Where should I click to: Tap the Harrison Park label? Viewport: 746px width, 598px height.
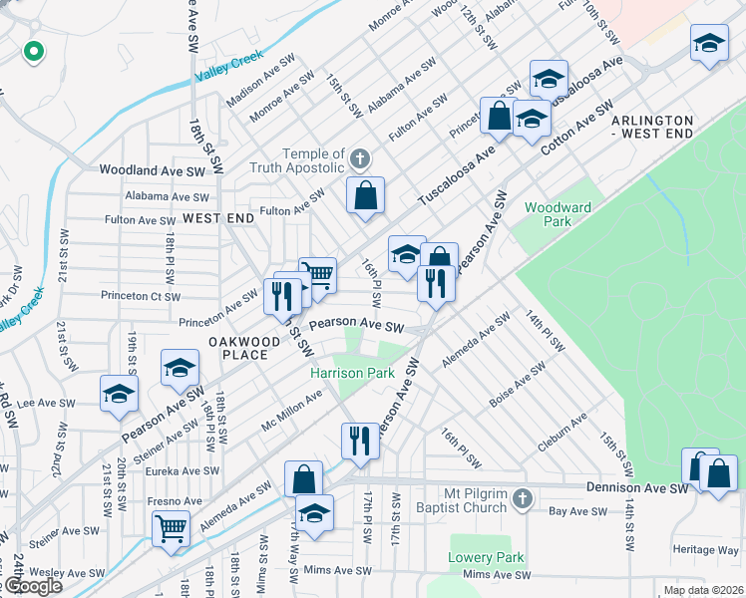(352, 373)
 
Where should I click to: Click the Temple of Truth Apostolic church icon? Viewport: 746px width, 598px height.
(360, 158)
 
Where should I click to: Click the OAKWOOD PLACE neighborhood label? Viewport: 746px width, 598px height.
(237, 348)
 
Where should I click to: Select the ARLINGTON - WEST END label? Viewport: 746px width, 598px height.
(666, 127)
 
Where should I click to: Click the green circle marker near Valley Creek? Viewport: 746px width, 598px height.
(33, 50)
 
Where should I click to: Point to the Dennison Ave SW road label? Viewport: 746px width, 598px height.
(639, 489)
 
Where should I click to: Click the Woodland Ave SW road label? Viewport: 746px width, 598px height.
(152, 171)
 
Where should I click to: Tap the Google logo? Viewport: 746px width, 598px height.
(32, 586)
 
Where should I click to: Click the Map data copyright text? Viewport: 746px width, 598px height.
(703, 590)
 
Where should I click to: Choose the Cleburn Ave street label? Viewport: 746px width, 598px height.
(562, 436)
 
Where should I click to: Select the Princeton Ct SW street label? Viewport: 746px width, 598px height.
(141, 296)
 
